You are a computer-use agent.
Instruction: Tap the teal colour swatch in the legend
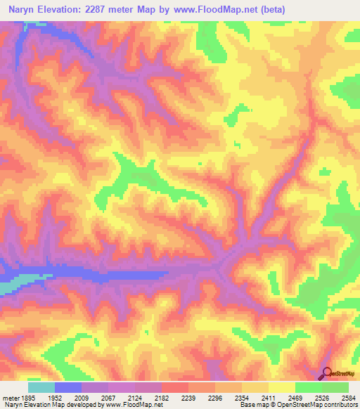(41, 387)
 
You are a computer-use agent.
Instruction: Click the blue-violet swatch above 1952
(68, 387)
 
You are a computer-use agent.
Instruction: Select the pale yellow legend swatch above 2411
(282, 387)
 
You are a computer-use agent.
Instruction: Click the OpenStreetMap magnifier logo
(328, 374)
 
